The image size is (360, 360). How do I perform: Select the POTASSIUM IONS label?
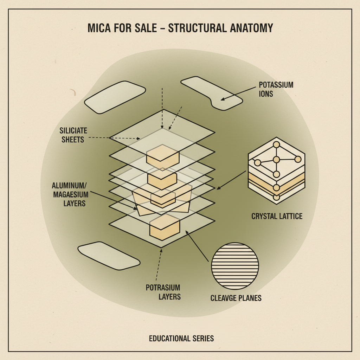coord(276,89)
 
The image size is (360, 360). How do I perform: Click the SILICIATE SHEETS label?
coord(73,135)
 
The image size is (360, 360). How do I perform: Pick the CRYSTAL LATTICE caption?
coord(277,216)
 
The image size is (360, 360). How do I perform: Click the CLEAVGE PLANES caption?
coord(236,298)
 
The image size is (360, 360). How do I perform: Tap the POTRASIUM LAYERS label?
coord(163,292)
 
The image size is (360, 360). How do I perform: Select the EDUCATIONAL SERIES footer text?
coord(181,339)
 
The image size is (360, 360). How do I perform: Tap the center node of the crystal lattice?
coord(276,160)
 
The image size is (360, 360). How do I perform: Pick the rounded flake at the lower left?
coord(109,255)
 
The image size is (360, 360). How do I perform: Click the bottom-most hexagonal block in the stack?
coord(165,227)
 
